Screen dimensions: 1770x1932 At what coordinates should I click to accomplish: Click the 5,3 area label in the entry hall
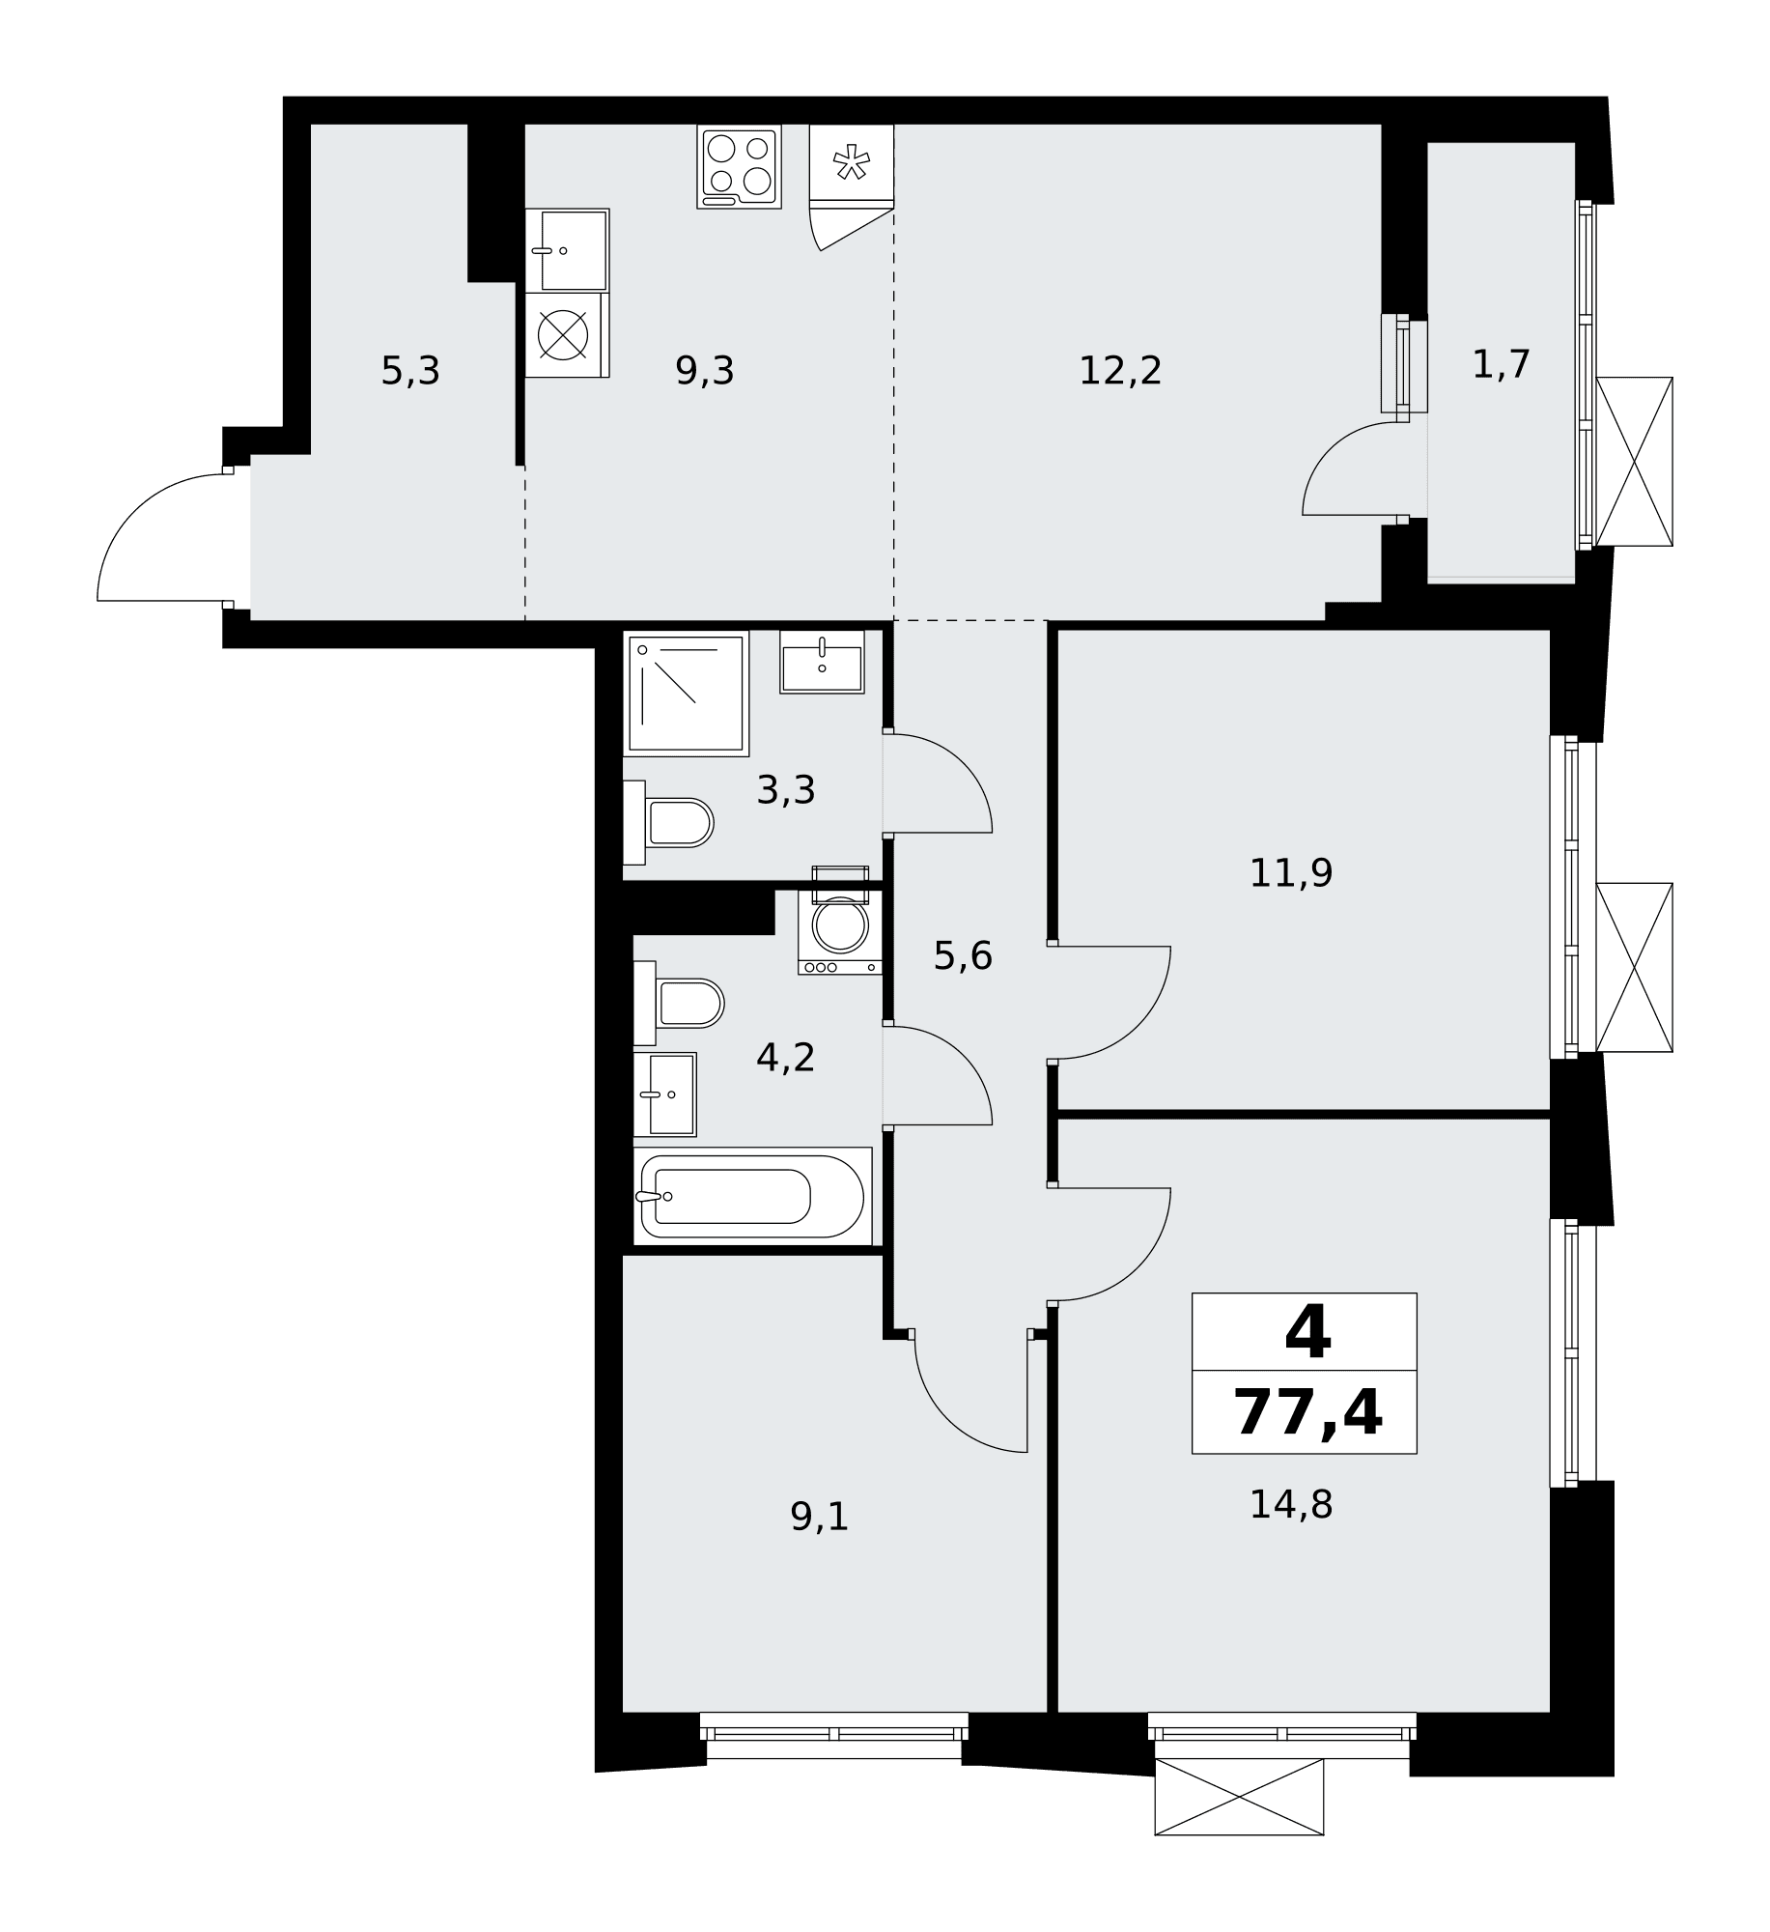tap(410, 371)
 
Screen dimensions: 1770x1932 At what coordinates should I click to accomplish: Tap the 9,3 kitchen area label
tap(705, 371)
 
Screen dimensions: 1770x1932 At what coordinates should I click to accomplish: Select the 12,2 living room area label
tap(1120, 371)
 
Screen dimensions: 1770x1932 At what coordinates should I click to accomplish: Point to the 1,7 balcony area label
tap(1502, 365)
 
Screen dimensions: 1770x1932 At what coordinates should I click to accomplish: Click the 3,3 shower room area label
tap(786, 790)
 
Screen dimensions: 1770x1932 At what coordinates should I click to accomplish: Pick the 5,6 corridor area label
tap(963, 956)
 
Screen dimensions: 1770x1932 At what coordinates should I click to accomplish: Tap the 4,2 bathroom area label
tap(786, 1058)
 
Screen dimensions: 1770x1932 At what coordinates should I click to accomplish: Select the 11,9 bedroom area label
tap(1291, 873)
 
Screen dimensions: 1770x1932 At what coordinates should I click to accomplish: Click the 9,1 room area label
tap(820, 1517)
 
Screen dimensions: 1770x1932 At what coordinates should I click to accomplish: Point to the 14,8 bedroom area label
tap(1291, 1504)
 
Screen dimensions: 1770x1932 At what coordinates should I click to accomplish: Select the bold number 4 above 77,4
tap(1307, 1332)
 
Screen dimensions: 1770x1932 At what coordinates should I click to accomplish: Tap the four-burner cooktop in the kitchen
tap(740, 166)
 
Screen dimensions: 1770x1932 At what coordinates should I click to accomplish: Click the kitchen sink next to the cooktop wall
tap(568, 250)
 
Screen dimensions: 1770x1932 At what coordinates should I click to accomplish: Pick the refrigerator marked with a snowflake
tap(852, 164)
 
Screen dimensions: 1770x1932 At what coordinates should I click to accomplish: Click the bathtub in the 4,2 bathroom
tap(753, 1196)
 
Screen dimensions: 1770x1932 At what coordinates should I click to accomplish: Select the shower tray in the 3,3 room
tap(687, 694)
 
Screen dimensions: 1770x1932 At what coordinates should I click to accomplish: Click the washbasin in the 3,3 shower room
tap(822, 663)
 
